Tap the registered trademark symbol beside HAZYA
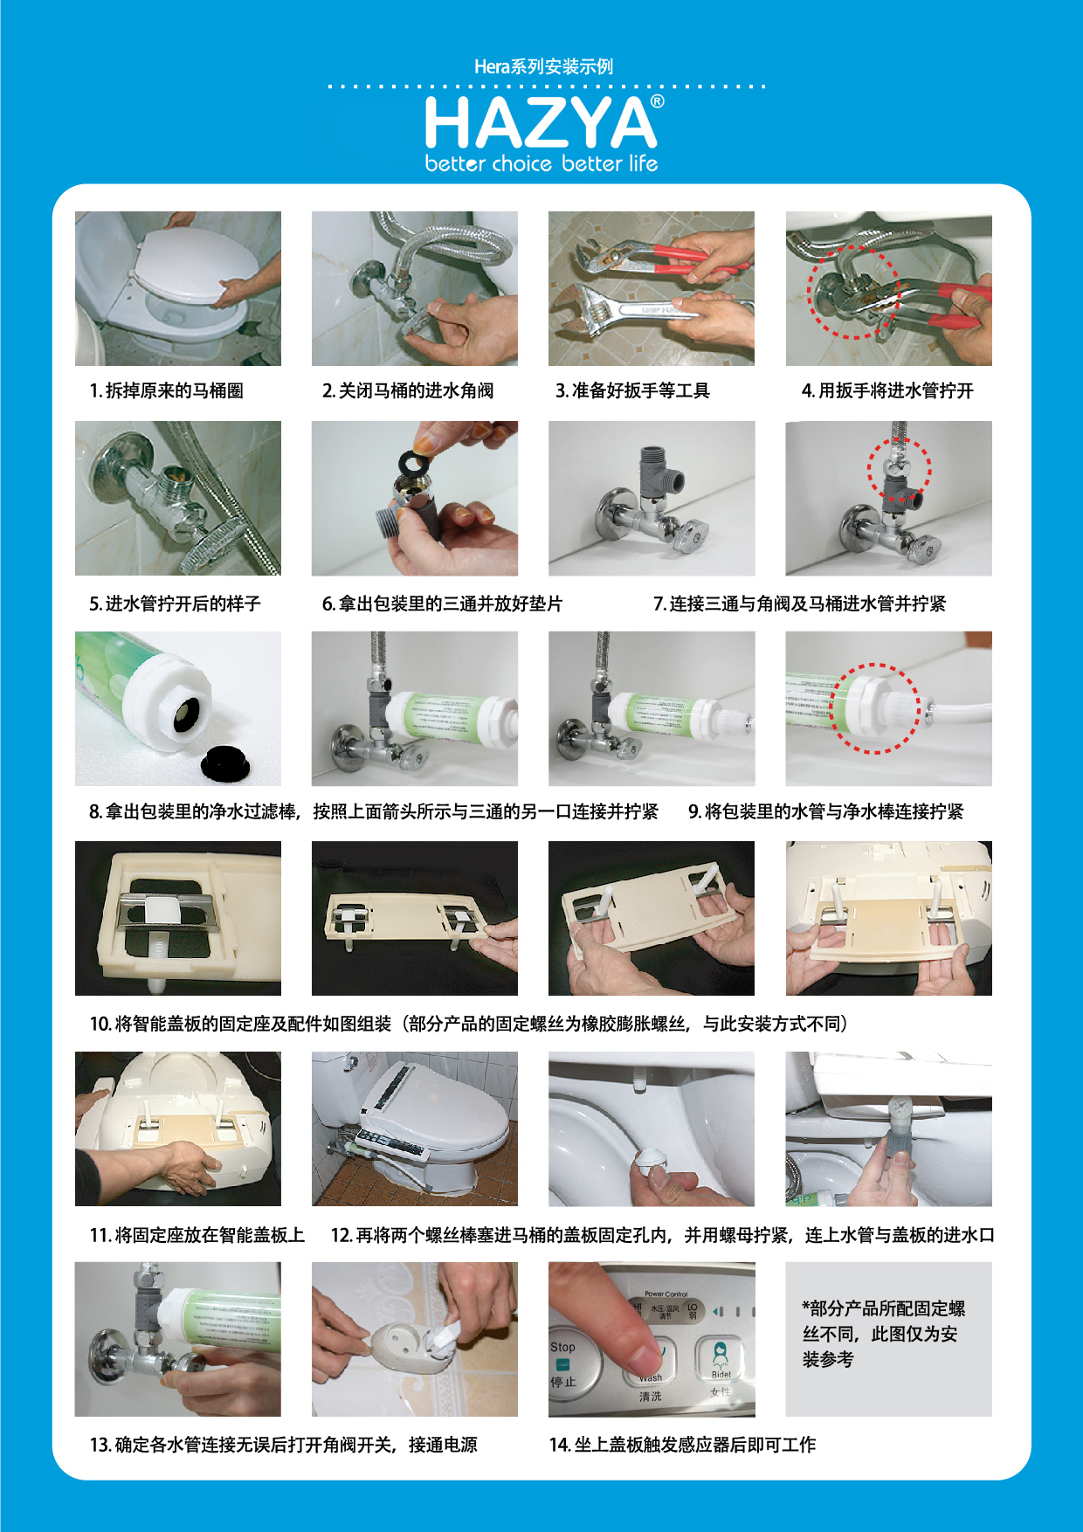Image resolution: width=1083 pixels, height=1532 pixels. (x=657, y=101)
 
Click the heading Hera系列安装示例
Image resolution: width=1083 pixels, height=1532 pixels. (x=543, y=66)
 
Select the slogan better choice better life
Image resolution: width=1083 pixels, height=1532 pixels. (x=541, y=163)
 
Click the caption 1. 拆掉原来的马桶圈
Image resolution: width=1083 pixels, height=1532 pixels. (x=166, y=390)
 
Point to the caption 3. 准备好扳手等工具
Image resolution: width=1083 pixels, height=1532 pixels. (x=632, y=390)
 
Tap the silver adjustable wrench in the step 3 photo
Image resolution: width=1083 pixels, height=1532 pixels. (x=651, y=311)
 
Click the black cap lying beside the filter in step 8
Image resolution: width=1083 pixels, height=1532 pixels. (x=224, y=763)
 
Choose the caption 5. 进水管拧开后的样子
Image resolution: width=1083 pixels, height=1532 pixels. (x=175, y=604)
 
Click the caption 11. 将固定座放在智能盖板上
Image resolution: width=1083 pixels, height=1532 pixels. (x=197, y=1235)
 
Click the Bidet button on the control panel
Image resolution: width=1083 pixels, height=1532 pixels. (x=721, y=1359)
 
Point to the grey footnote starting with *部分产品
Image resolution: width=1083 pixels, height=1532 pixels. (x=883, y=1334)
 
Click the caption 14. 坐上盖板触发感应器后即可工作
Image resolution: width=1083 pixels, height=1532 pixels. (x=682, y=1445)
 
